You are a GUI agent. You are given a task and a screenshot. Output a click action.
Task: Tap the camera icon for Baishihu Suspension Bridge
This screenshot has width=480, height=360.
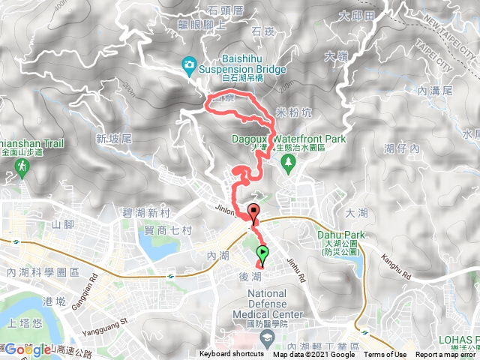(x=188, y=65)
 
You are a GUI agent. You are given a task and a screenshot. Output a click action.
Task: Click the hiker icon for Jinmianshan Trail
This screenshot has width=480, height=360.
(x=20, y=166)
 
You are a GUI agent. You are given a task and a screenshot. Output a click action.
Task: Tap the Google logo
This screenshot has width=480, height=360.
(x=28, y=349)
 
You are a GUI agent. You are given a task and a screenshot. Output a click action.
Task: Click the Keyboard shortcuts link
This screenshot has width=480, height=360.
(x=231, y=355)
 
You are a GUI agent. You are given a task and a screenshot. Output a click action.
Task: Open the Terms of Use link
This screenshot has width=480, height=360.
(x=385, y=355)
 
